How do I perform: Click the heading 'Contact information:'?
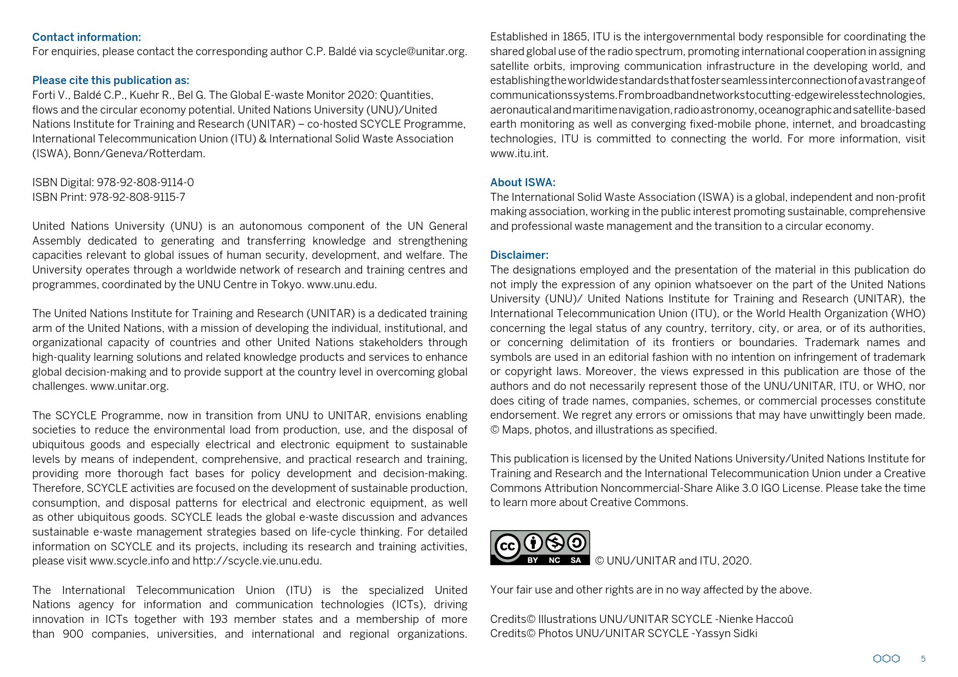pos(86,37)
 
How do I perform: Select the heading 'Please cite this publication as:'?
pos(110,80)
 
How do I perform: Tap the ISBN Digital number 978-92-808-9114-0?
pos(145,182)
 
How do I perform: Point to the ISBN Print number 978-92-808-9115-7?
pos(137,197)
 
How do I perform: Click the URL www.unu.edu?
pos(341,284)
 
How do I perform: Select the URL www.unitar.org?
pos(129,386)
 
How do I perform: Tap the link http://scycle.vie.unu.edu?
pos(257,561)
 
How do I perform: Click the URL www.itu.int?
pos(518,153)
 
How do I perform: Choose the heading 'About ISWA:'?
pos(522,182)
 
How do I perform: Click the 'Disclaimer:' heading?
pos(519,255)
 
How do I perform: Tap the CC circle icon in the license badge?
pos(507,547)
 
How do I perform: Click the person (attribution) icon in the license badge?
pos(533,543)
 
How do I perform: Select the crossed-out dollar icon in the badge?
pos(554,543)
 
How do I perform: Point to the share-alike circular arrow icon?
pos(576,543)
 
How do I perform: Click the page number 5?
pos(923,659)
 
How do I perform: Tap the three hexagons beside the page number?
pos(886,659)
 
